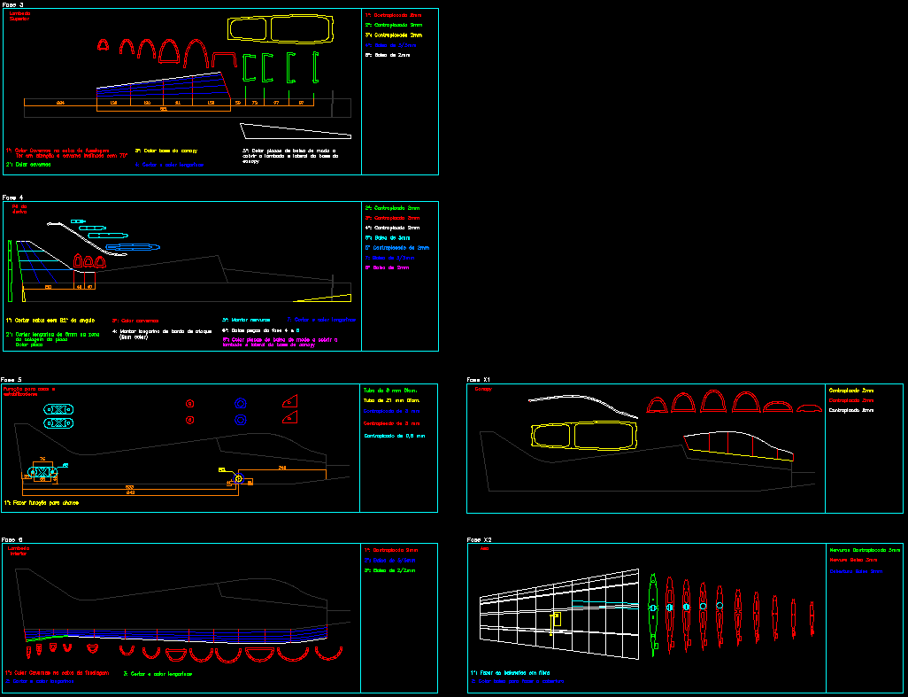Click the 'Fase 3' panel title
[13, 5]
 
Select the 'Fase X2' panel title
[480, 539]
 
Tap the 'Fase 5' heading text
[13, 379]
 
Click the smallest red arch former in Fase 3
[103, 43]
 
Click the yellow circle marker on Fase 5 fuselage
[238, 478]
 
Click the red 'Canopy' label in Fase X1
[483, 389]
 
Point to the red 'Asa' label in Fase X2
[483, 549]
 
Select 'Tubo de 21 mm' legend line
[390, 400]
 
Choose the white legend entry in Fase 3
[387, 55]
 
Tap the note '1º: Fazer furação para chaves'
[42, 502]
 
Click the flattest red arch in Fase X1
[809, 408]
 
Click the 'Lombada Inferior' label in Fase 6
[19, 551]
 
